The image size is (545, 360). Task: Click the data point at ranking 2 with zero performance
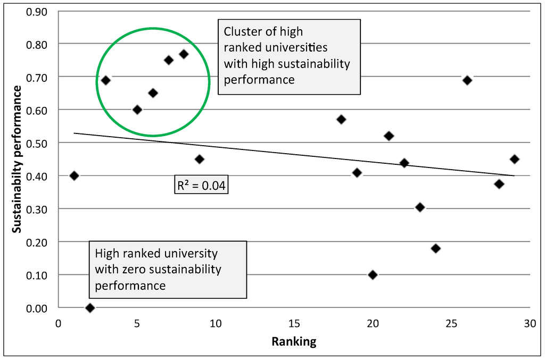tap(90, 308)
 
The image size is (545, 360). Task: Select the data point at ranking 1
tap(74, 176)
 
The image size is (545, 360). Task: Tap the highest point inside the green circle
tap(184, 54)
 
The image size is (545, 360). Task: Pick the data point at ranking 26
tap(467, 80)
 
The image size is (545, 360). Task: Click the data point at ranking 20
tap(373, 275)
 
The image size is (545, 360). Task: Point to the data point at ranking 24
tap(436, 248)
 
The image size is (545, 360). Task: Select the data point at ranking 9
tap(200, 159)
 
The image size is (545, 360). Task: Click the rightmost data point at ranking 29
tap(514, 159)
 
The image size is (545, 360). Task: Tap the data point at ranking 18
tap(341, 119)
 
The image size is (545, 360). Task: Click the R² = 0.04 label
tap(202, 186)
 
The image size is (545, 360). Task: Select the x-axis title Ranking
tap(294, 342)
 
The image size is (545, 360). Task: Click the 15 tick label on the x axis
tap(294, 323)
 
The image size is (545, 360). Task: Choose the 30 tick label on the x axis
tap(530, 323)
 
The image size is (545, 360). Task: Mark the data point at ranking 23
tap(420, 207)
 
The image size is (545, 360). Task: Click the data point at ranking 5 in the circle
tap(137, 110)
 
